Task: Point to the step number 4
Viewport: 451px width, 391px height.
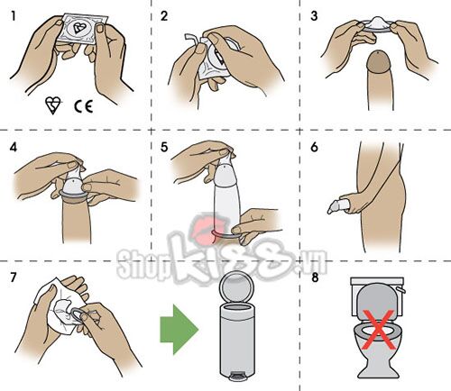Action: (x=12, y=145)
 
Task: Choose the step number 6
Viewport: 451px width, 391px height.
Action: (x=313, y=145)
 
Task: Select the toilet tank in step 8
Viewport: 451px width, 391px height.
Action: (x=373, y=294)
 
